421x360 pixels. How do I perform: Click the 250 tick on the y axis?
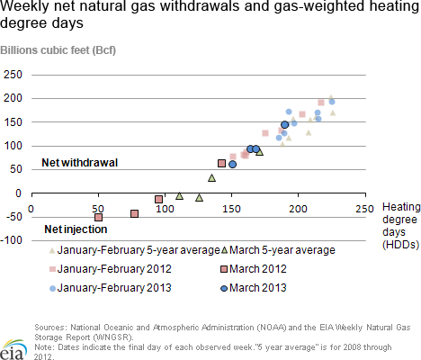coord(13,75)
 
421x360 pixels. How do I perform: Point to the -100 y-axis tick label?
coord(12,240)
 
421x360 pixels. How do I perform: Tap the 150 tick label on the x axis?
coord(231,209)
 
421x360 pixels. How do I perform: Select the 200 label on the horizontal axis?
coord(298,209)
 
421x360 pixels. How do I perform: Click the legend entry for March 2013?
coord(254,288)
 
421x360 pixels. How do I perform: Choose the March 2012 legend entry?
coord(254,269)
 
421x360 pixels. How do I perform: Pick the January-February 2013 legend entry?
coord(111,288)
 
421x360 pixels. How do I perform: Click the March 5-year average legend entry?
coord(278,250)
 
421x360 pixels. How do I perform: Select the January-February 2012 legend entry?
coord(111,269)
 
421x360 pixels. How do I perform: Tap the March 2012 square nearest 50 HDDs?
coord(98,218)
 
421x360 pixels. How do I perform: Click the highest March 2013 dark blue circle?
coord(285,125)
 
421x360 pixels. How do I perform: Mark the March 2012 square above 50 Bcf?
coord(221,164)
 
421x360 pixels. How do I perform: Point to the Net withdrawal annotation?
coord(80,163)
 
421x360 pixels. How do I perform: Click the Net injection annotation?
coord(76,229)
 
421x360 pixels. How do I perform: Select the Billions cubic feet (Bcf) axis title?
coord(58,50)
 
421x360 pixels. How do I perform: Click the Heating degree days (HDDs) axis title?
coord(401,226)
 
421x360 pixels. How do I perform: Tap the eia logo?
coord(13,350)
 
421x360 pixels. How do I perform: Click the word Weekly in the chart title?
coord(24,6)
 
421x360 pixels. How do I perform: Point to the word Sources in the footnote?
coord(50,328)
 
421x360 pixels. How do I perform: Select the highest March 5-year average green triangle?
coord(260,152)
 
